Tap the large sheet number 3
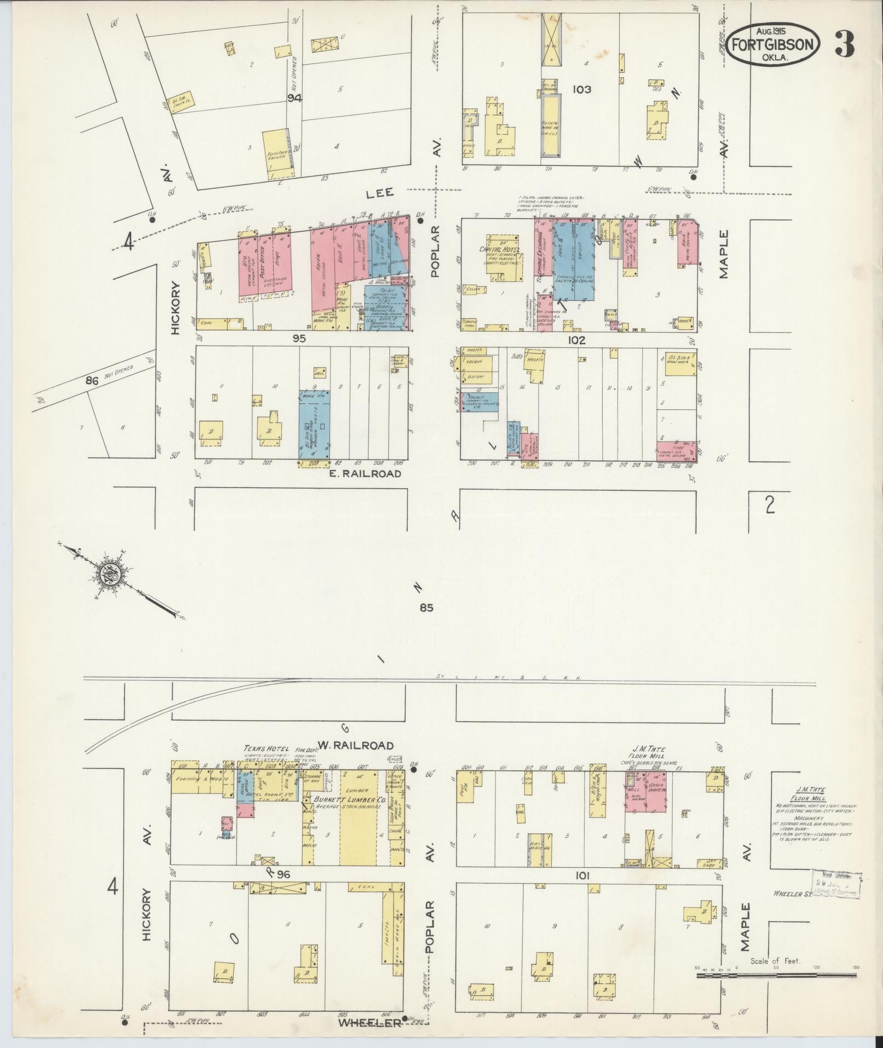point(844,44)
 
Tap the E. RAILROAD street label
point(365,473)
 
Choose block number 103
point(581,89)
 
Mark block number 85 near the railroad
point(427,608)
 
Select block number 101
point(581,876)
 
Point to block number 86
point(91,380)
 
